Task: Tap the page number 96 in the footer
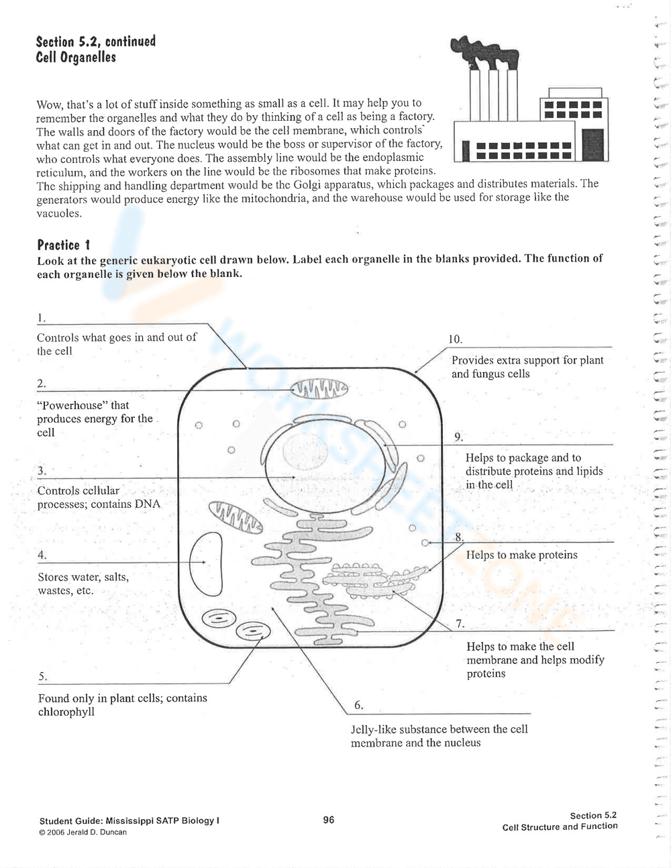click(328, 820)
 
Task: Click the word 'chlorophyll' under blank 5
click(66, 712)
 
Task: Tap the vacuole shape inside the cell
click(205, 562)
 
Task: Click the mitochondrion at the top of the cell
click(319, 388)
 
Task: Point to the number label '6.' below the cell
click(359, 705)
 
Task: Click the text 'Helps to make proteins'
click(521, 555)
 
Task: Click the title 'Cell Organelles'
click(76, 58)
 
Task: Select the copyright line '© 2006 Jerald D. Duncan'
click(83, 832)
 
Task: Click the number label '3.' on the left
click(42, 470)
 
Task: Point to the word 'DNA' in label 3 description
click(148, 504)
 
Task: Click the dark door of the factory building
click(592, 146)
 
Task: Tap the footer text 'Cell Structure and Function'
click(560, 826)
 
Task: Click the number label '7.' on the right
click(460, 624)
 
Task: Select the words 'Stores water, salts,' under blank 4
click(83, 577)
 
